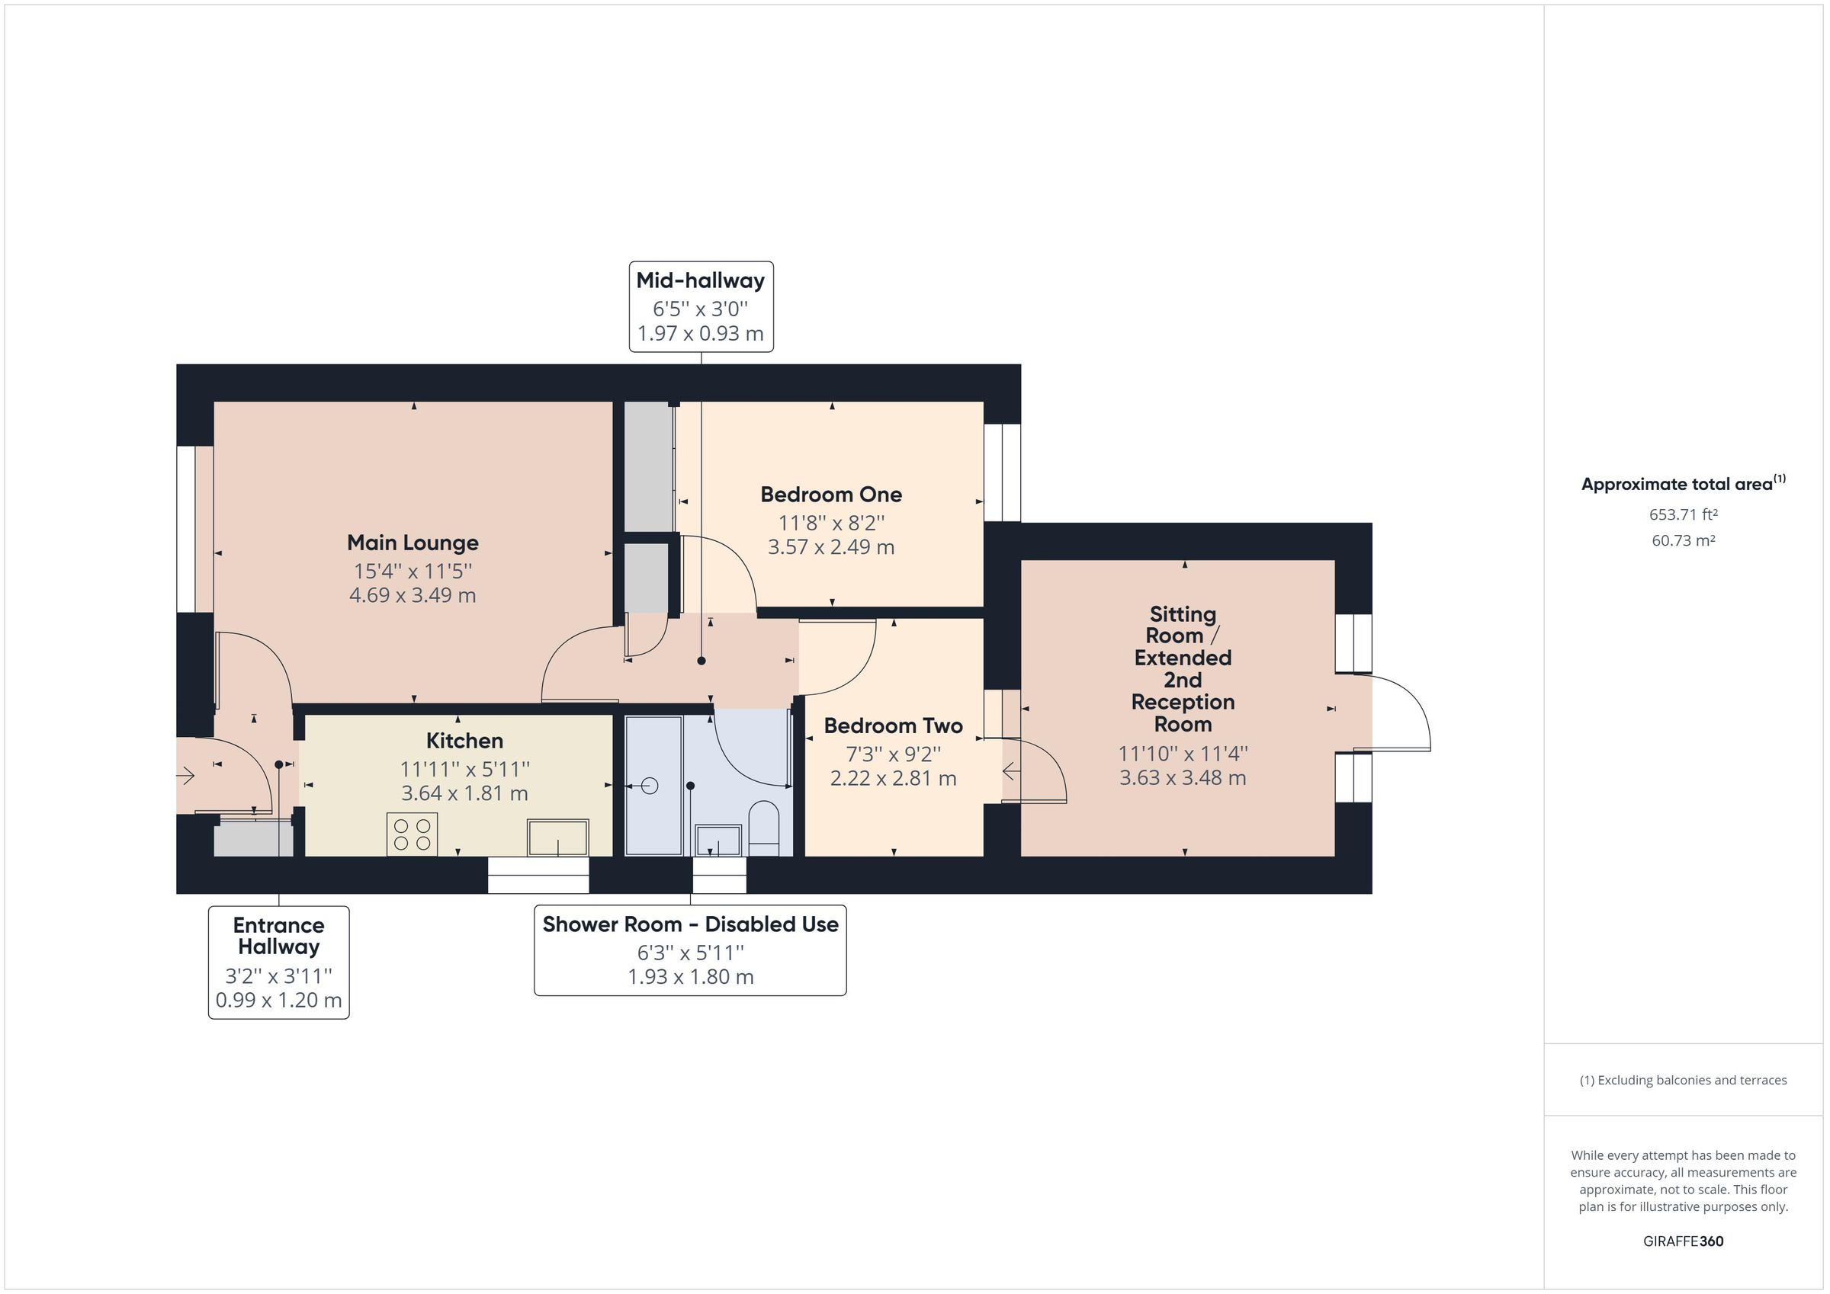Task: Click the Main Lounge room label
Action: (x=412, y=543)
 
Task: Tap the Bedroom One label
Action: (x=830, y=494)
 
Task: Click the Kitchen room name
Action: (x=464, y=740)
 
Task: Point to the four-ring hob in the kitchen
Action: (x=411, y=834)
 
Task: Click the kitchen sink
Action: (x=557, y=838)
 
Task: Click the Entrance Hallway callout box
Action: (x=278, y=962)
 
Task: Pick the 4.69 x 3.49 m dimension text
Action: (x=412, y=595)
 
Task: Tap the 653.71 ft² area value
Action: (x=1683, y=514)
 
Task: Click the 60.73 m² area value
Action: (x=1683, y=540)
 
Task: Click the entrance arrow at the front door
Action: (x=186, y=775)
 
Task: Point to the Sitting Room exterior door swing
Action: (x=1398, y=712)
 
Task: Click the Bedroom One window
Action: (x=1002, y=472)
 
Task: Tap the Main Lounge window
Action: (x=185, y=529)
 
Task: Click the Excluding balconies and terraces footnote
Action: (x=1683, y=1081)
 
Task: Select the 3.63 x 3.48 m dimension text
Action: (x=1182, y=777)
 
